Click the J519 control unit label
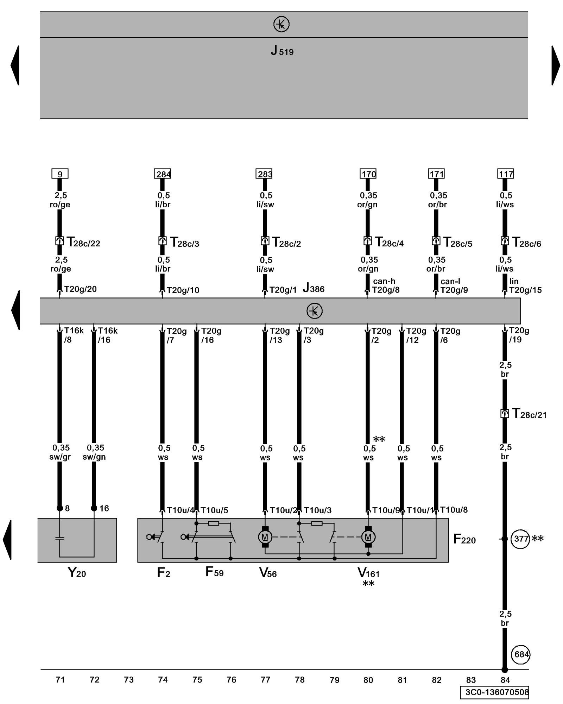(282, 51)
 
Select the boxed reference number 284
(162, 174)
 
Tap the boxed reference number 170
(368, 174)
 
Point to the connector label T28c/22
(83, 243)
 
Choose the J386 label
(314, 289)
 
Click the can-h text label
(384, 281)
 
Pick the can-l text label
(450, 281)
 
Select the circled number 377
(520, 539)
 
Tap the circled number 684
(520, 654)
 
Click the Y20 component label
(77, 573)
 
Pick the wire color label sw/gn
(94, 457)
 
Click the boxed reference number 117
(506, 174)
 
